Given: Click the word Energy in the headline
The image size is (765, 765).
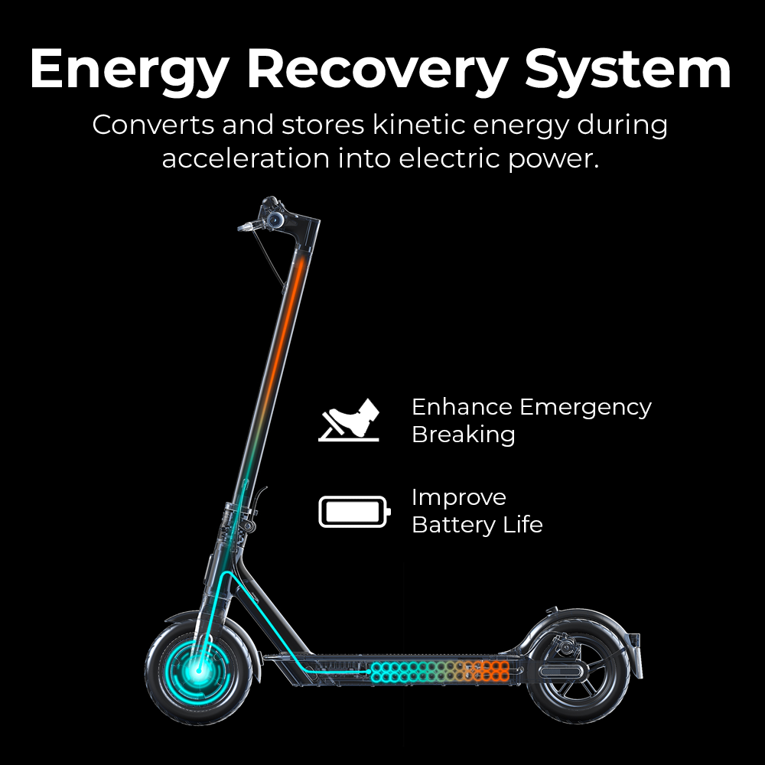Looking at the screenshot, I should pyautogui.click(x=129, y=70).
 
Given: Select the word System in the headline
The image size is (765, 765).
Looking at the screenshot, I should pyautogui.click(x=629, y=70).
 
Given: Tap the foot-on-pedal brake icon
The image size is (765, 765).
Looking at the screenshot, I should pyautogui.click(x=350, y=421).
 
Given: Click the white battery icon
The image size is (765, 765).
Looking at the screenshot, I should pyautogui.click(x=354, y=512).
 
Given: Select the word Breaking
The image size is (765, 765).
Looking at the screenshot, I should pyautogui.click(x=463, y=435).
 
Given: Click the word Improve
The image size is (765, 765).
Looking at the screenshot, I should pyautogui.click(x=458, y=497).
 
